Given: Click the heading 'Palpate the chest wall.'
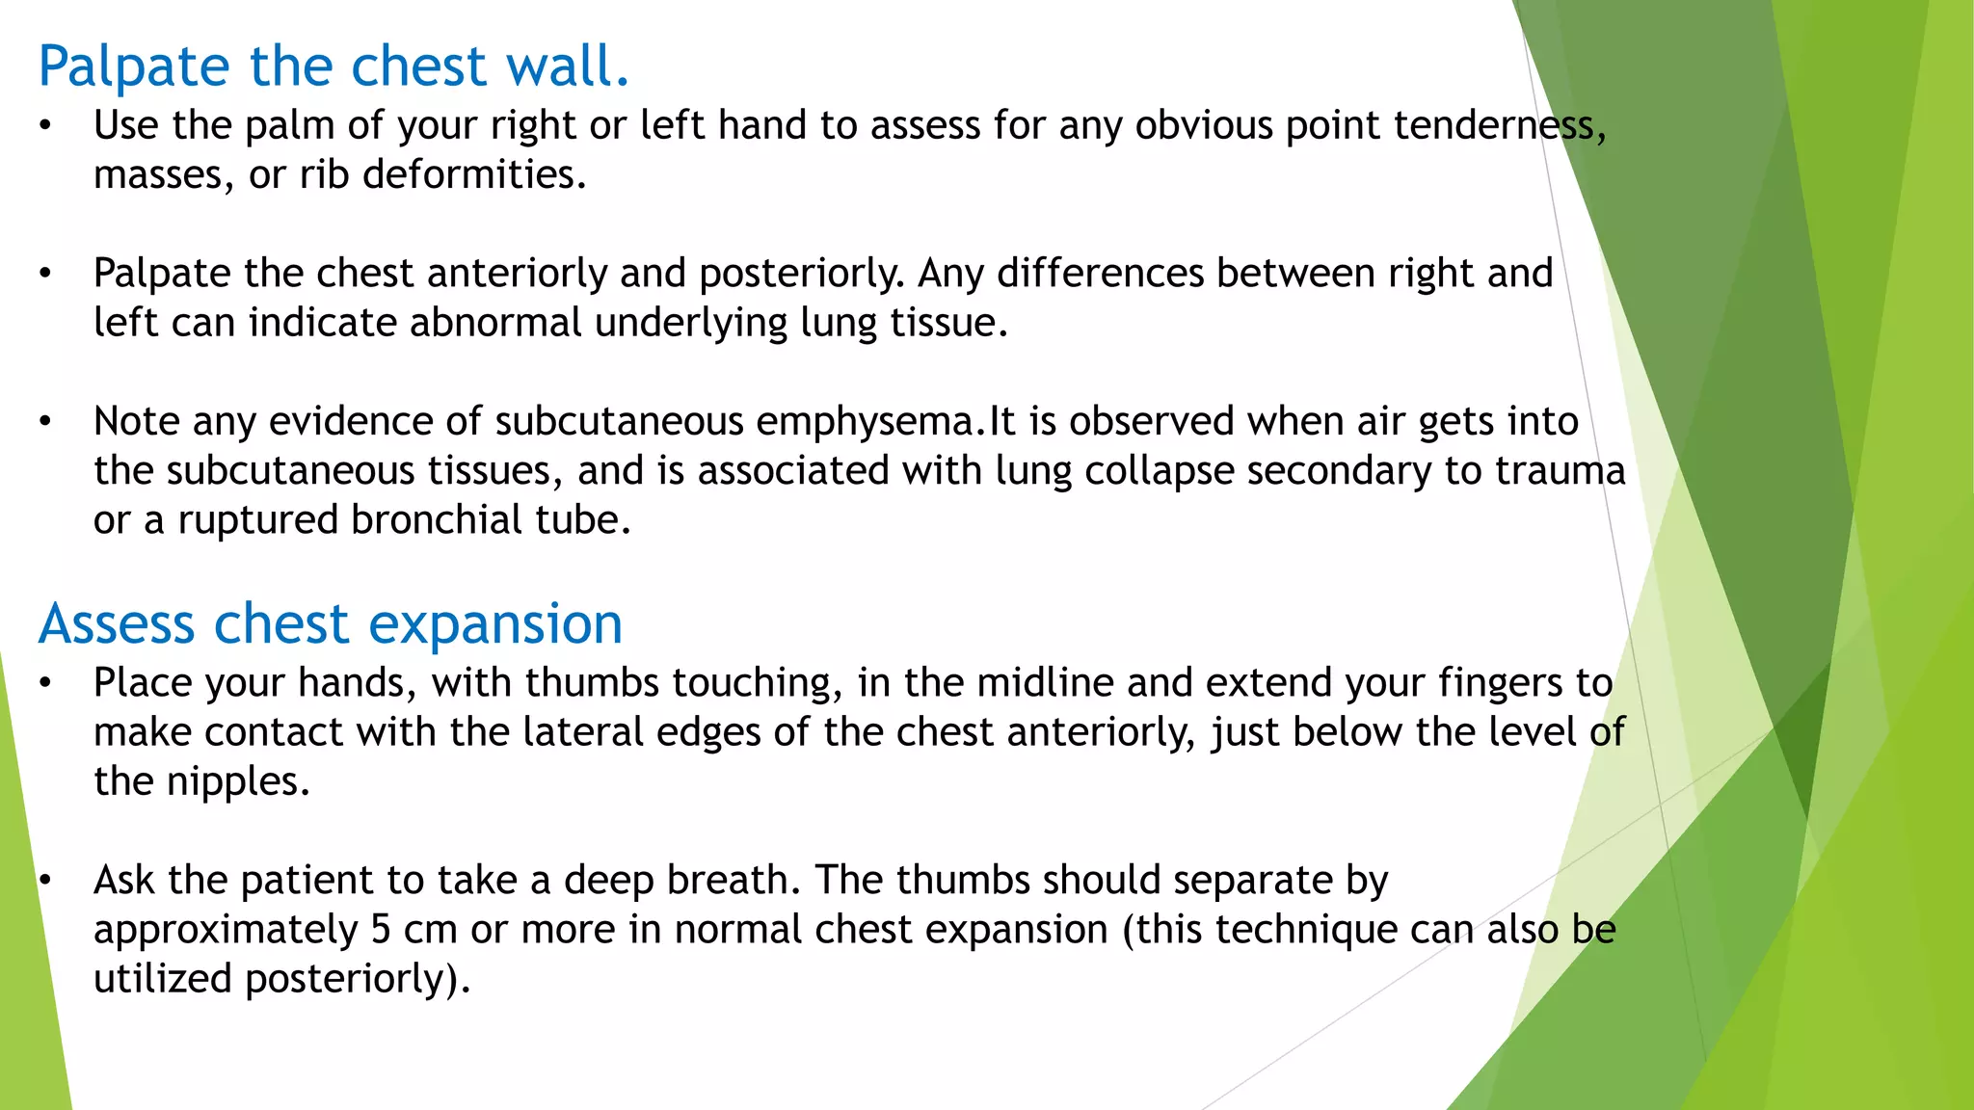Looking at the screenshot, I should [x=333, y=66].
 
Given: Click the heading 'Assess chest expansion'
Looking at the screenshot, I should [x=331, y=623].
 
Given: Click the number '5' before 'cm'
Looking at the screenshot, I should [x=381, y=930].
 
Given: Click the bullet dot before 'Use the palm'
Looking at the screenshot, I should [x=44, y=126].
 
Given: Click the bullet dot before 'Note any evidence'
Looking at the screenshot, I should [x=44, y=422].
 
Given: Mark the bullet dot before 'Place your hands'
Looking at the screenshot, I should [x=44, y=683].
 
